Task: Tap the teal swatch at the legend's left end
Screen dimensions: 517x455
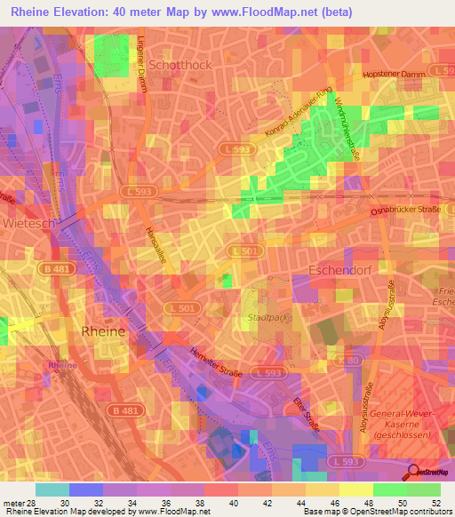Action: click(x=52, y=489)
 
